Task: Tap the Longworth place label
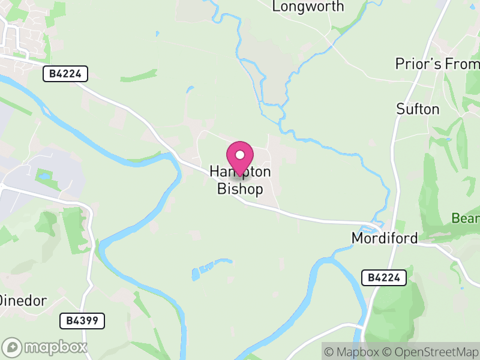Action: [308, 7]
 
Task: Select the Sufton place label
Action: [418, 109]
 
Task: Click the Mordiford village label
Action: [384, 238]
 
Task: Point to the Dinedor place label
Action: [23, 301]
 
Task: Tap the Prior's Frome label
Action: [437, 64]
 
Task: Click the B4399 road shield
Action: [82, 320]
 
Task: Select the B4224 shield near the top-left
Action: [65, 74]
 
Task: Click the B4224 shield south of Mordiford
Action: [384, 277]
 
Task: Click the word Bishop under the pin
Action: [240, 190]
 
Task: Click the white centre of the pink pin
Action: [240, 155]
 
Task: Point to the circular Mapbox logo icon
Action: [13, 347]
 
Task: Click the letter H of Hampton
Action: [214, 172]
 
